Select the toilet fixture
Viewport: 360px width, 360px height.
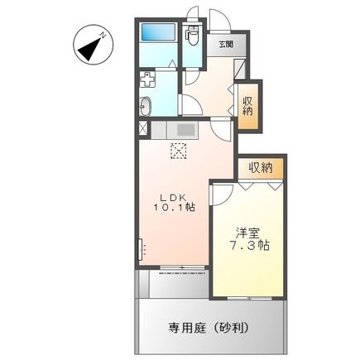click(x=193, y=36)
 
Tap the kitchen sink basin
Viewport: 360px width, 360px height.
click(x=183, y=129)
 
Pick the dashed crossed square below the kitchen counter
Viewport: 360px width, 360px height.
click(x=177, y=151)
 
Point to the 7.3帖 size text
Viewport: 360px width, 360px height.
click(x=250, y=247)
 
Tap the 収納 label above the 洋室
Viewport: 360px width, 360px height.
click(x=260, y=167)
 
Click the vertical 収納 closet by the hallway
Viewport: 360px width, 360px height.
click(x=248, y=105)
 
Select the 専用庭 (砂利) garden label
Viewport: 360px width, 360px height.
click(x=212, y=327)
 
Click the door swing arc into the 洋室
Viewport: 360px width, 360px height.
click(x=222, y=192)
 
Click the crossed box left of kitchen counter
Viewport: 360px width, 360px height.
click(x=142, y=129)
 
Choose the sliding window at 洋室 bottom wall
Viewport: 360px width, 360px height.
click(x=249, y=295)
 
